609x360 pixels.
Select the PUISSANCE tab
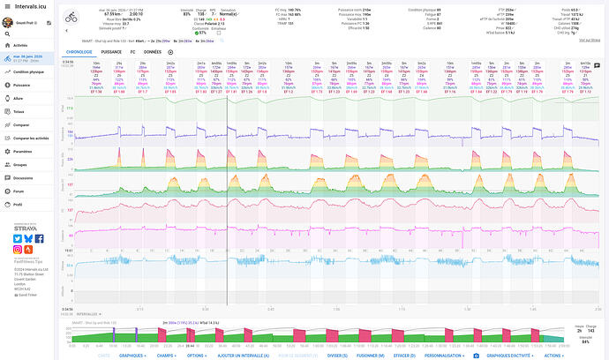111,52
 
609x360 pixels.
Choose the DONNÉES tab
152,52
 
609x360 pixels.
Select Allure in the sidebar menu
19,100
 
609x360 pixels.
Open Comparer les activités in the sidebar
31,139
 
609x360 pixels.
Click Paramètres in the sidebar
23,151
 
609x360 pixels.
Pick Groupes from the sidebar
21,164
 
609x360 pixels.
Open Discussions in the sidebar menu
24,177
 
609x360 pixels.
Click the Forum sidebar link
19,191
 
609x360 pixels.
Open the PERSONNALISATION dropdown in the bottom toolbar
442,355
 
